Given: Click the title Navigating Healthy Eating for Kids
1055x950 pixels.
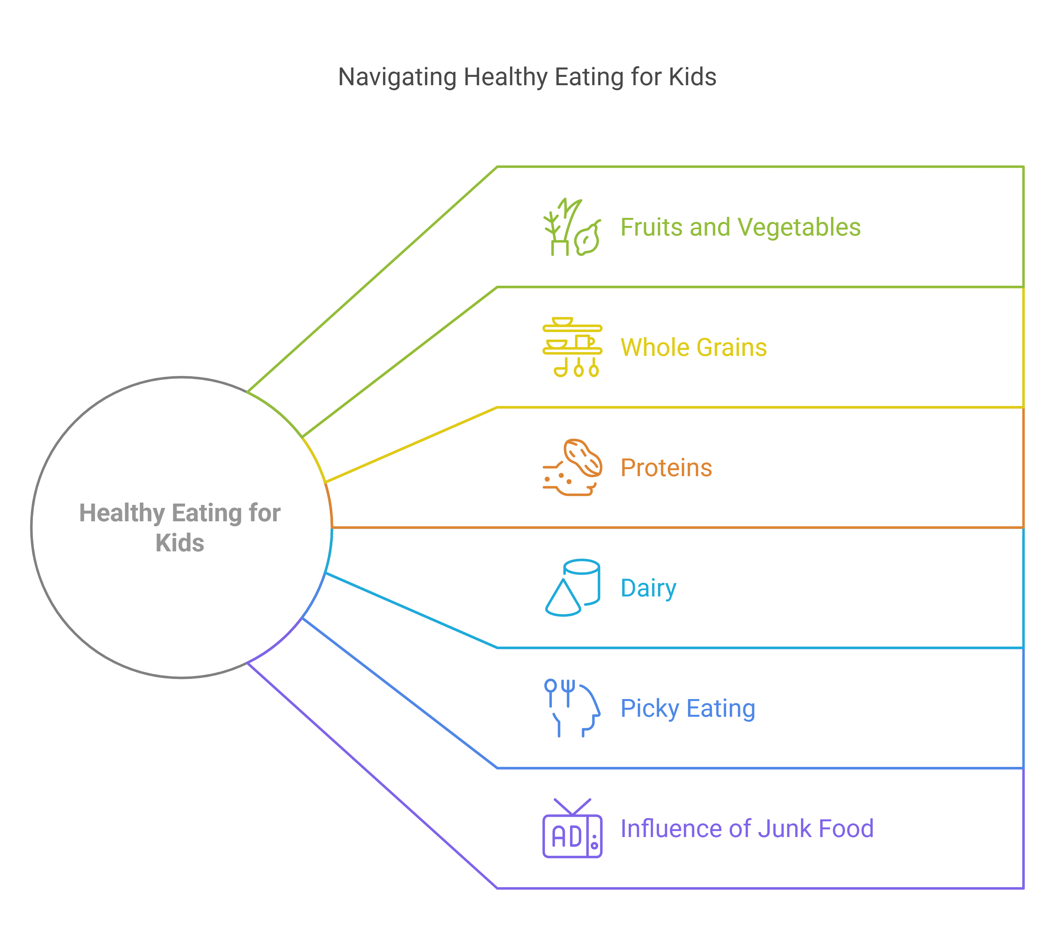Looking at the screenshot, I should [527, 77].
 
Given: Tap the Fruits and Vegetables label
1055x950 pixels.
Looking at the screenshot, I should [740, 228].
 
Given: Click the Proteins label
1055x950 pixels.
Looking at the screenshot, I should [666, 468].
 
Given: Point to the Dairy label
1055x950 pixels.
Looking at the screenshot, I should [648, 588].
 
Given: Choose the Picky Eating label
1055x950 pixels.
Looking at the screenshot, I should [688, 708].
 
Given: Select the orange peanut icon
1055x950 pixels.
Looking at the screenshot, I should [572, 467].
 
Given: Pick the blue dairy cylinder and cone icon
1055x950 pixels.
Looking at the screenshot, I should [572, 588].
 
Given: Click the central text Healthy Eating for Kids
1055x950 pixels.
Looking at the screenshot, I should [180, 528].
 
